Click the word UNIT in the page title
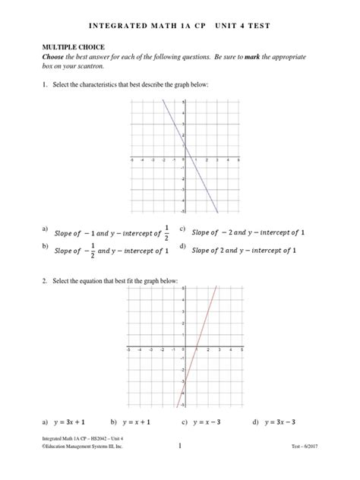[x=224, y=26]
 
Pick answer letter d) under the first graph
[x=183, y=246]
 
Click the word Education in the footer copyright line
[x=64, y=448]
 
